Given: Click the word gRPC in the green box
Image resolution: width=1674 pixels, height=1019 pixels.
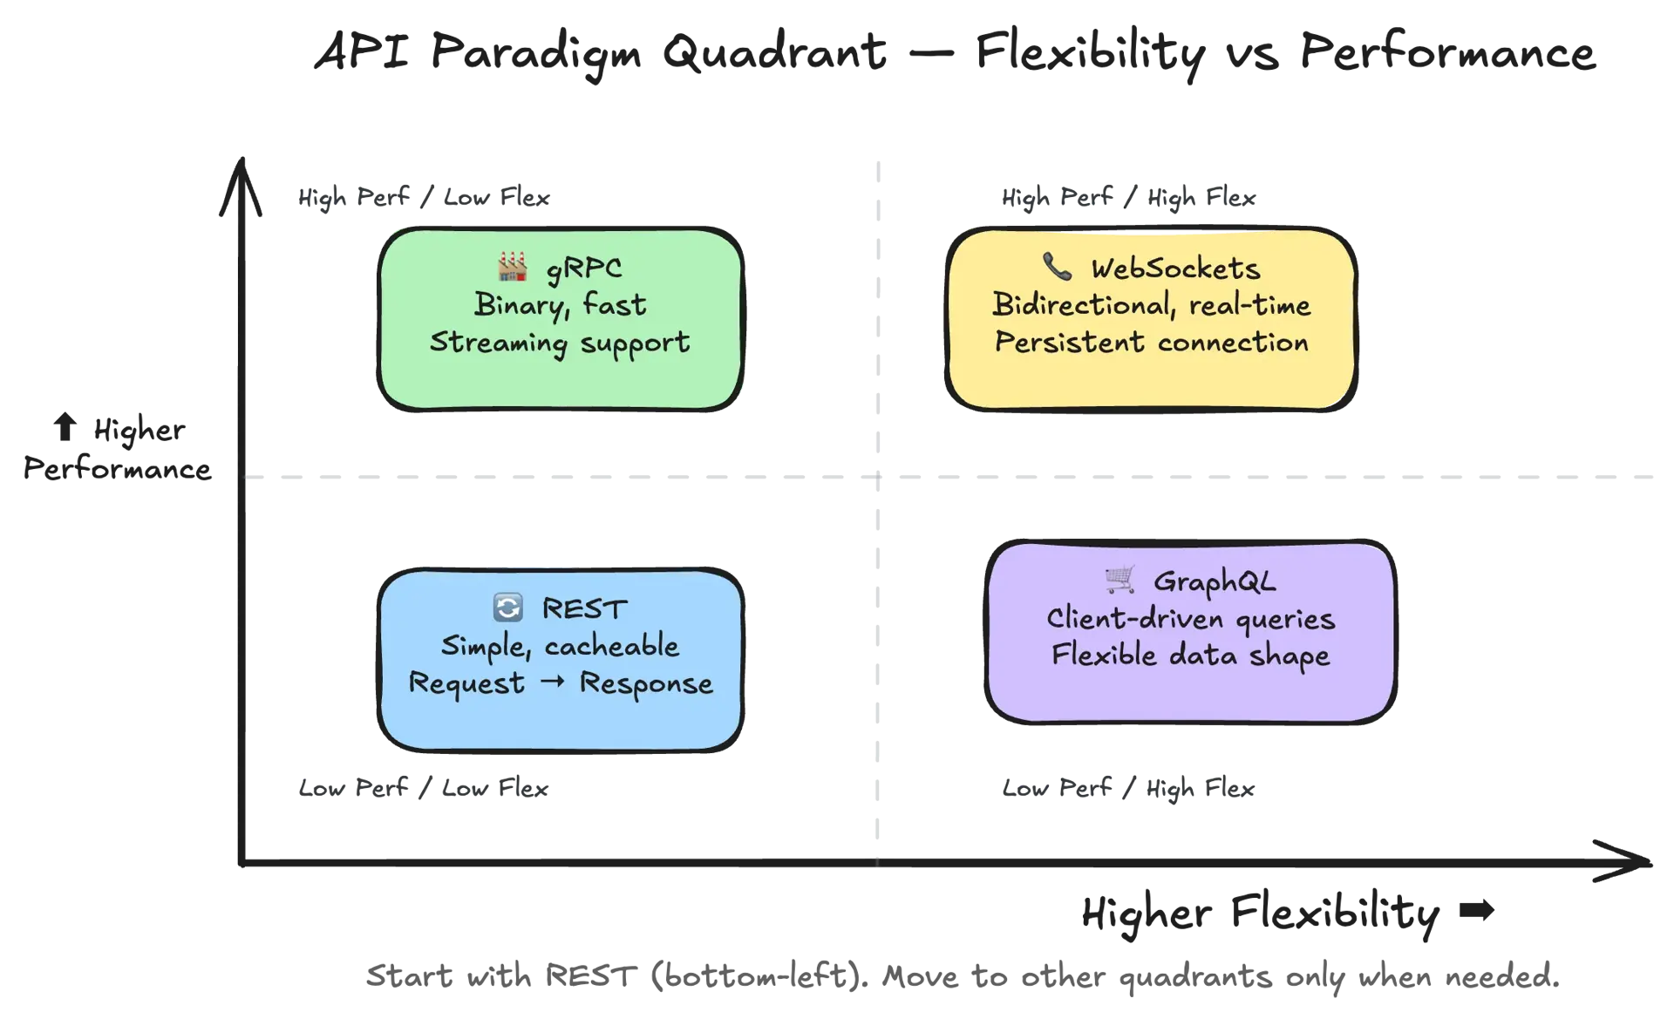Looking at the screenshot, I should tap(584, 268).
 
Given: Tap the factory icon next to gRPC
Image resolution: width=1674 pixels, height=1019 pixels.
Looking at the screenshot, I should tap(513, 267).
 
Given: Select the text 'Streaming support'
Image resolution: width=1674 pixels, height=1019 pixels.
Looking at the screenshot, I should tap(560, 343).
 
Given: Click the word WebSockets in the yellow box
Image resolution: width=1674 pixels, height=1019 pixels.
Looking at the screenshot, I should tap(1175, 268).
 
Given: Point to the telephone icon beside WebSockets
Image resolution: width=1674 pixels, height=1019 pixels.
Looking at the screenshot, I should tap(1057, 267).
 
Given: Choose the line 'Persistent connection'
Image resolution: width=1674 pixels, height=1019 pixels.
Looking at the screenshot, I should tap(1151, 343).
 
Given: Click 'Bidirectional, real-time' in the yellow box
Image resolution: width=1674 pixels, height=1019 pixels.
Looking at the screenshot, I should tap(1151, 305).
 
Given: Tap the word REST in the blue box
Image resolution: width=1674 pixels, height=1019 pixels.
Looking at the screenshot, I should tap(584, 608).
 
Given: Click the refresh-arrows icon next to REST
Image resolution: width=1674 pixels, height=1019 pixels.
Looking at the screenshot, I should tap(507, 608).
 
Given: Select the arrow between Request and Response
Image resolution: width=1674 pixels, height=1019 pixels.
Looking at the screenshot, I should tap(553, 683).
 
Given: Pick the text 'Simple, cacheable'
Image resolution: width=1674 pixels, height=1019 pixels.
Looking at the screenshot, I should tap(560, 646).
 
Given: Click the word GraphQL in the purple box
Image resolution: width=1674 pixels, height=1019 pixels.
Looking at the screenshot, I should tap(1215, 581).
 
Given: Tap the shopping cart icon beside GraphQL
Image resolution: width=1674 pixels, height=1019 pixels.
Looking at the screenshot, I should tap(1119, 579).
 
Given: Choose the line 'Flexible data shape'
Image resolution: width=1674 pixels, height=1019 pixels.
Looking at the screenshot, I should tap(1190, 656).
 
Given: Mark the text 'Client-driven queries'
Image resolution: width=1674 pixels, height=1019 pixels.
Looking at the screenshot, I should tap(1190, 619).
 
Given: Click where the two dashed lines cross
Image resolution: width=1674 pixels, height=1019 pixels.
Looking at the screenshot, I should tap(878, 478).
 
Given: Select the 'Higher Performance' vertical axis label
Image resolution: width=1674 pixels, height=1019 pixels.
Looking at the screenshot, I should tap(118, 450).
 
